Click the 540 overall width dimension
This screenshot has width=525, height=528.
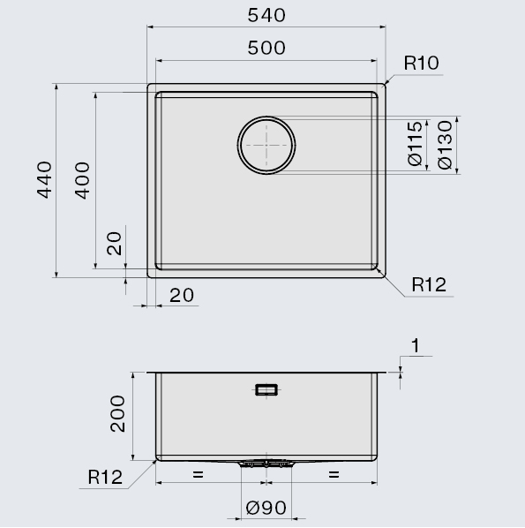tap(266, 16)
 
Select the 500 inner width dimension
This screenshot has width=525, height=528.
tap(266, 48)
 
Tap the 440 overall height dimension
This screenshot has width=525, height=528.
tap(44, 180)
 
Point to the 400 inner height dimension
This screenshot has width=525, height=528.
tap(82, 180)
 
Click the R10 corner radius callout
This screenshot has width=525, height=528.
tap(422, 63)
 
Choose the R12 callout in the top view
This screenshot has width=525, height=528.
tap(429, 285)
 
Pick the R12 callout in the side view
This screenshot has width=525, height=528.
tap(105, 477)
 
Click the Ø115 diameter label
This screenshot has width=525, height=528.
tap(415, 144)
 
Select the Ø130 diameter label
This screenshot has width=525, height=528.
tap(445, 145)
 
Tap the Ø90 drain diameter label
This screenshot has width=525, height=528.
tap(266, 508)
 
